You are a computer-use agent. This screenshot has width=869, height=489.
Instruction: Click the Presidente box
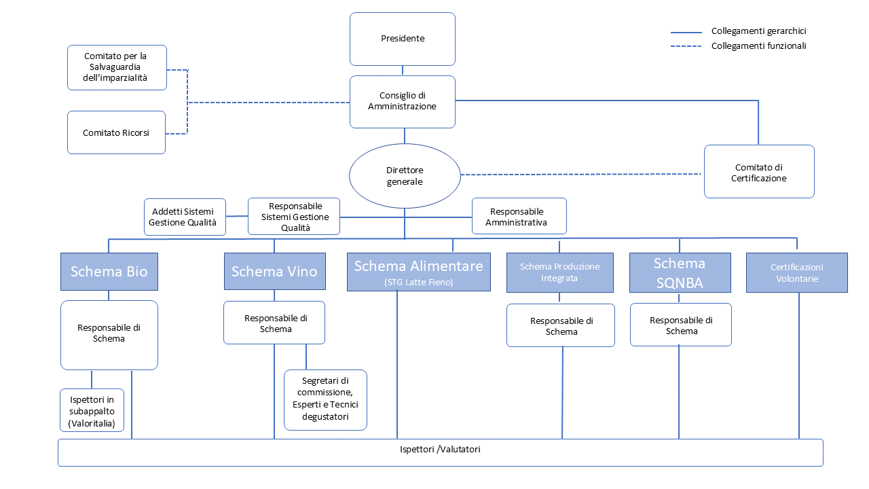403,39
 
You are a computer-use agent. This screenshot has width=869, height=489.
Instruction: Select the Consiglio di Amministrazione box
403,102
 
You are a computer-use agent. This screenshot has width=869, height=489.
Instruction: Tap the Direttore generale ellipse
405,176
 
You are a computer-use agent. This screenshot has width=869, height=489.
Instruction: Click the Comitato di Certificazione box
759,172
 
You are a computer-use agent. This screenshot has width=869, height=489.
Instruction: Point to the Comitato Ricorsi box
116,132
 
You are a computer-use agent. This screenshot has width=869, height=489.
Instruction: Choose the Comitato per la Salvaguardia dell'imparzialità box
117,67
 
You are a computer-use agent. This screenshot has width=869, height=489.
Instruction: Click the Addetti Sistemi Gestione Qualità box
185,217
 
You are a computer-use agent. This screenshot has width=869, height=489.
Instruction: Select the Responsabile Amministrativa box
519,216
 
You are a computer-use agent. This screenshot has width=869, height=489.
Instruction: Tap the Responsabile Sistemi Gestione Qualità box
294,217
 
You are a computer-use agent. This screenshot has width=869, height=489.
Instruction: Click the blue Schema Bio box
109,272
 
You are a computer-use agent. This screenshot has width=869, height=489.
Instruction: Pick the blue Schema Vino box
274,272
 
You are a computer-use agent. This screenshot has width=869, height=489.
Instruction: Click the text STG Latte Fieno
418,282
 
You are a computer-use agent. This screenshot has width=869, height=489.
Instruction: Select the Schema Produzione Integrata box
559,272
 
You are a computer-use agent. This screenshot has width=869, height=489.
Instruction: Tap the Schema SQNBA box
680,272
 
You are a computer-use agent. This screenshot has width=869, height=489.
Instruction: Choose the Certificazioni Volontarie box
796,273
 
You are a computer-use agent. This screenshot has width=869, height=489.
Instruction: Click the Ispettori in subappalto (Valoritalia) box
92,410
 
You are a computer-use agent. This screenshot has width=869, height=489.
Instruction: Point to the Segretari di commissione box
325,399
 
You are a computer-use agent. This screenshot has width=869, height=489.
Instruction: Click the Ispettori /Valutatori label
440,450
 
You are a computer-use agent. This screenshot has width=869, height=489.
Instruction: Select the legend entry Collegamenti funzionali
758,46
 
